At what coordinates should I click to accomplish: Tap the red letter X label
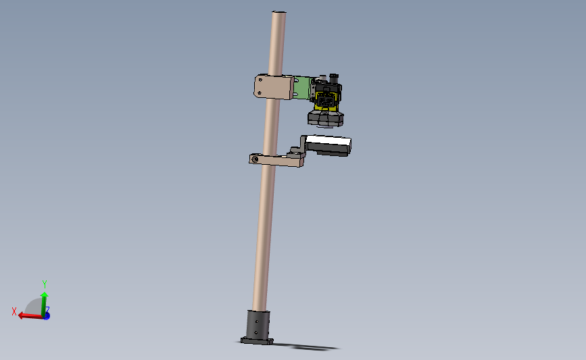point(14,311)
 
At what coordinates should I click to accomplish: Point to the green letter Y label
point(45,284)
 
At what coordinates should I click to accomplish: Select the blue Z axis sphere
point(47,315)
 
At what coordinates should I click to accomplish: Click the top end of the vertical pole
point(278,13)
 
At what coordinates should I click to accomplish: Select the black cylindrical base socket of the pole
point(258,325)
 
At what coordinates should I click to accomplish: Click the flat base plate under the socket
point(258,342)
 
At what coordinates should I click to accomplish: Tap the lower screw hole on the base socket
point(257,333)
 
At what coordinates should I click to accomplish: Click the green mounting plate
point(302,88)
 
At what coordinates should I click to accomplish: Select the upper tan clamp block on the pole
point(273,87)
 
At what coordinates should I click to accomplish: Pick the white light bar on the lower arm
point(328,143)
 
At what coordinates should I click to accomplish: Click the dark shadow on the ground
point(314,348)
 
